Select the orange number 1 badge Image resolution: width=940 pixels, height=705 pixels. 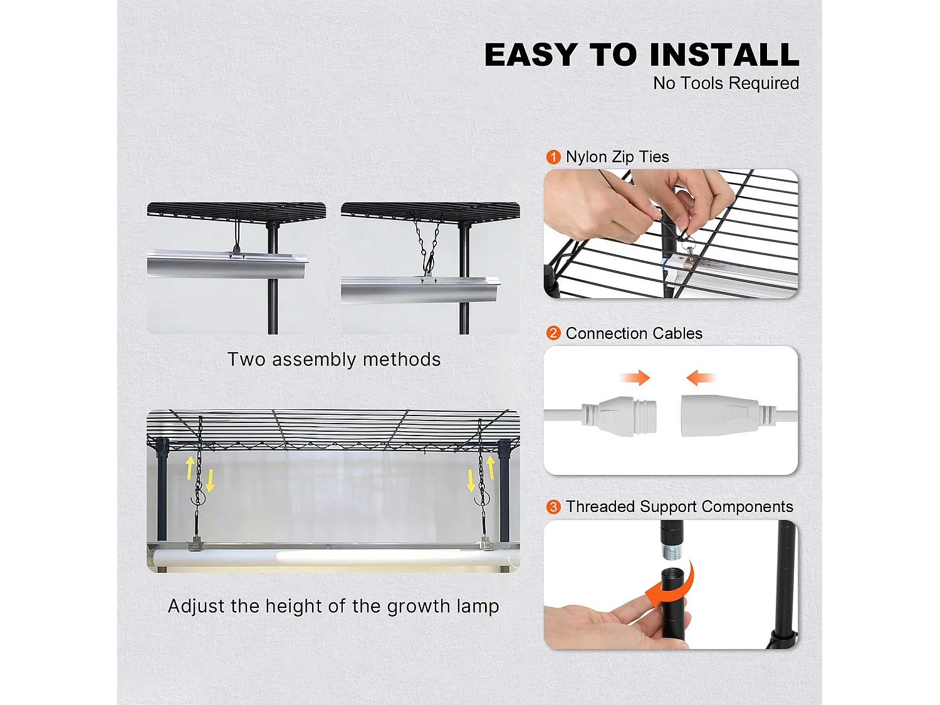tap(553, 157)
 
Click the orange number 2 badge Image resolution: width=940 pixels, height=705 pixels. tap(553, 333)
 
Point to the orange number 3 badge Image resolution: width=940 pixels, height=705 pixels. tap(553, 506)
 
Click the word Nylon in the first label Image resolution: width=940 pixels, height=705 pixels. tap(587, 157)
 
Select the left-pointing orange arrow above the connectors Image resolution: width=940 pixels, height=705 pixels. tap(700, 378)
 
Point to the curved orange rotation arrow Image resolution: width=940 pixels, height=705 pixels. tap(674, 586)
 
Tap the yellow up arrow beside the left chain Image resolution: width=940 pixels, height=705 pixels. tap(190, 467)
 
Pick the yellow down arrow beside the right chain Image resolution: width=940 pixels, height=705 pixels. tap(471, 481)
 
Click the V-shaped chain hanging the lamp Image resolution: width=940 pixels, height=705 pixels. tap(426, 244)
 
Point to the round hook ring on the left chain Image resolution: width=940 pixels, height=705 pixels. tap(199, 498)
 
